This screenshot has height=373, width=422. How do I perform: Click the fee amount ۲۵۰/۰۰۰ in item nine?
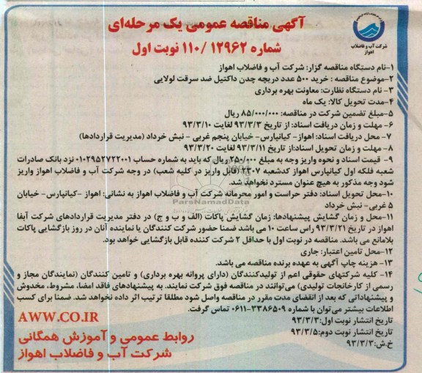point(253,155)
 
